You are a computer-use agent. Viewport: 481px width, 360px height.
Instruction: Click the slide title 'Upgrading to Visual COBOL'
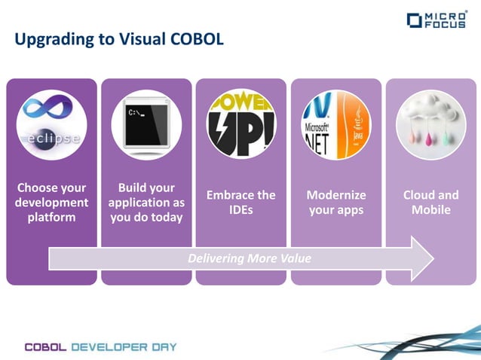click(x=119, y=39)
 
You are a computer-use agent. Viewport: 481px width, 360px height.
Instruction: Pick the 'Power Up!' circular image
click(x=241, y=124)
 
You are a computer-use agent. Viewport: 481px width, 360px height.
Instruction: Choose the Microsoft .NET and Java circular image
click(x=336, y=124)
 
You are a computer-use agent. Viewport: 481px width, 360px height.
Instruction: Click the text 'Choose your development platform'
click(x=51, y=203)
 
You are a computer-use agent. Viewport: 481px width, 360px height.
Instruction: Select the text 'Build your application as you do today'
click(x=146, y=203)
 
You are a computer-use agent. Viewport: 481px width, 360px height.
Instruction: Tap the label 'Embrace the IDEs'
click(x=241, y=203)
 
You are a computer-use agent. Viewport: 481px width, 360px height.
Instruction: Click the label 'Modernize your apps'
click(x=336, y=203)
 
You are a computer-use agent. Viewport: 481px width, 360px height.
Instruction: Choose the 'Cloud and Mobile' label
click(x=430, y=203)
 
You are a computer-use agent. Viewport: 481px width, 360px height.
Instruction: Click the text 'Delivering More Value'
click(x=249, y=258)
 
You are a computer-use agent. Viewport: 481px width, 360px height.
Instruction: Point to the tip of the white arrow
click(x=433, y=258)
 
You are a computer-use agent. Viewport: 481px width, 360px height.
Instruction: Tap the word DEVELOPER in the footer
click(x=110, y=347)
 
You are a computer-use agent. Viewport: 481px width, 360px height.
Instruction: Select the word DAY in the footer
click(x=164, y=347)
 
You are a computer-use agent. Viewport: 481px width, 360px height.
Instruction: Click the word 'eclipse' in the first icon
click(x=51, y=140)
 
